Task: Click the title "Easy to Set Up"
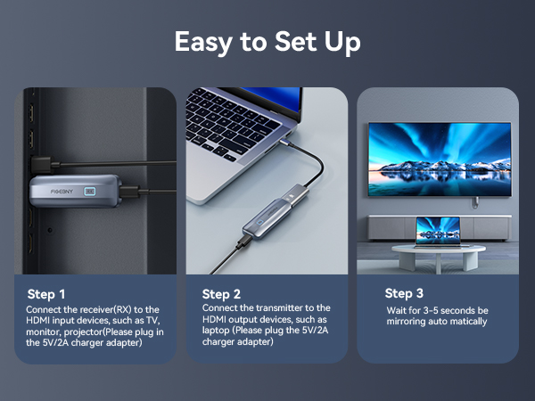tap(267, 42)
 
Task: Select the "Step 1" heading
tap(47, 294)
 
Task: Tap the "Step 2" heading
tap(222, 294)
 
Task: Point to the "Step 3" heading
tap(404, 293)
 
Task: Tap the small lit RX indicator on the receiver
tap(90, 192)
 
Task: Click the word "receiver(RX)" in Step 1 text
tap(103, 308)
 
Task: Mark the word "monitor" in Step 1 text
tap(43, 331)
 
